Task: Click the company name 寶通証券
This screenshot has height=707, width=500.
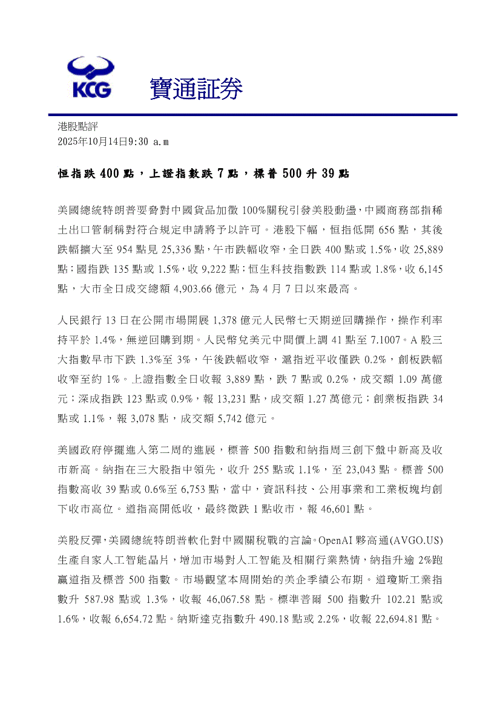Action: (196, 90)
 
